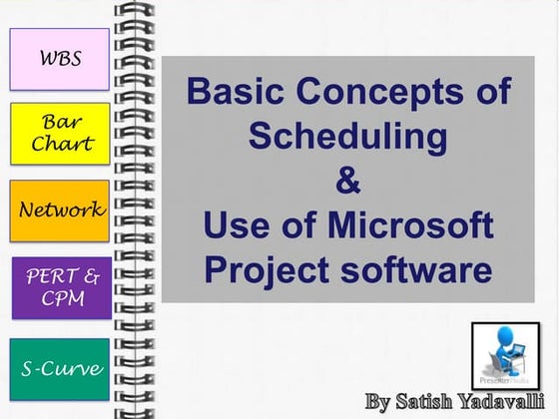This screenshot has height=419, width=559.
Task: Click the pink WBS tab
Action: [59, 58]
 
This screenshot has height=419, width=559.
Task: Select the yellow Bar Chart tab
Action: [60, 134]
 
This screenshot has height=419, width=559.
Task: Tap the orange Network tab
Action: [60, 210]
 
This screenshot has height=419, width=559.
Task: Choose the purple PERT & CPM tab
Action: [61, 287]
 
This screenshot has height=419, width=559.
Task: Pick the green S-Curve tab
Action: [61, 369]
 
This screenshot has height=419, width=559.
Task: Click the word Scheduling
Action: [348, 136]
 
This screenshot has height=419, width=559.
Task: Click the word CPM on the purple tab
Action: [61, 298]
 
